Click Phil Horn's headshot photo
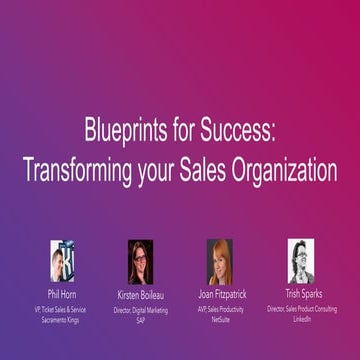62,261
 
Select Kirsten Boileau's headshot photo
141,261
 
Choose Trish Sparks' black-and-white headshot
300,260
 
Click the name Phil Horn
62,296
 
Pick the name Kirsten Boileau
141,296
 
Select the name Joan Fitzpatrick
221,296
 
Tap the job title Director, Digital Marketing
141,309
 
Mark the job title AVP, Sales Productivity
221,309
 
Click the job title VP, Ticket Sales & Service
62,309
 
